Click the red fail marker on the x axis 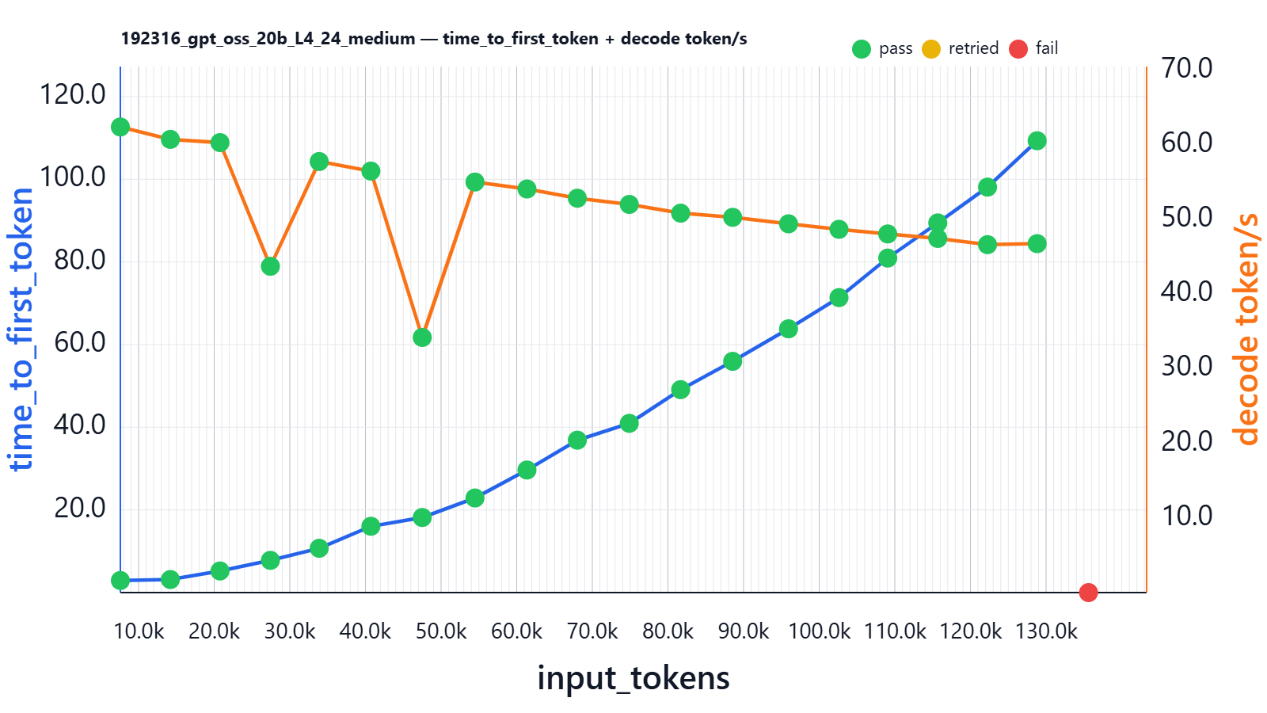[1088, 592]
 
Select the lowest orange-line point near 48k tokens [422, 337]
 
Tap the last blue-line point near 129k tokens [1037, 141]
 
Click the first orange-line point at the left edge [120, 128]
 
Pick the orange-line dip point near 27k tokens [270, 266]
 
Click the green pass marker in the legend [862, 49]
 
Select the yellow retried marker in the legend [931, 49]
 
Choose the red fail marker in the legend [1018, 49]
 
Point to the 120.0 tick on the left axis [72, 94]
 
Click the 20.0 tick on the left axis [79, 508]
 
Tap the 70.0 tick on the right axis [1187, 68]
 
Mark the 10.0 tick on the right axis [1187, 516]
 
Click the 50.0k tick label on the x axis [441, 631]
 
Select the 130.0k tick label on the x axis [1046, 631]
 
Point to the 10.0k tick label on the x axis [139, 631]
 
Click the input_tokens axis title [633, 678]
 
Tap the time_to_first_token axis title [21, 330]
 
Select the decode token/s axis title [1246, 330]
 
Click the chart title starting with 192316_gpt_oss [434, 39]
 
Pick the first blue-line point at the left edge [120, 581]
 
